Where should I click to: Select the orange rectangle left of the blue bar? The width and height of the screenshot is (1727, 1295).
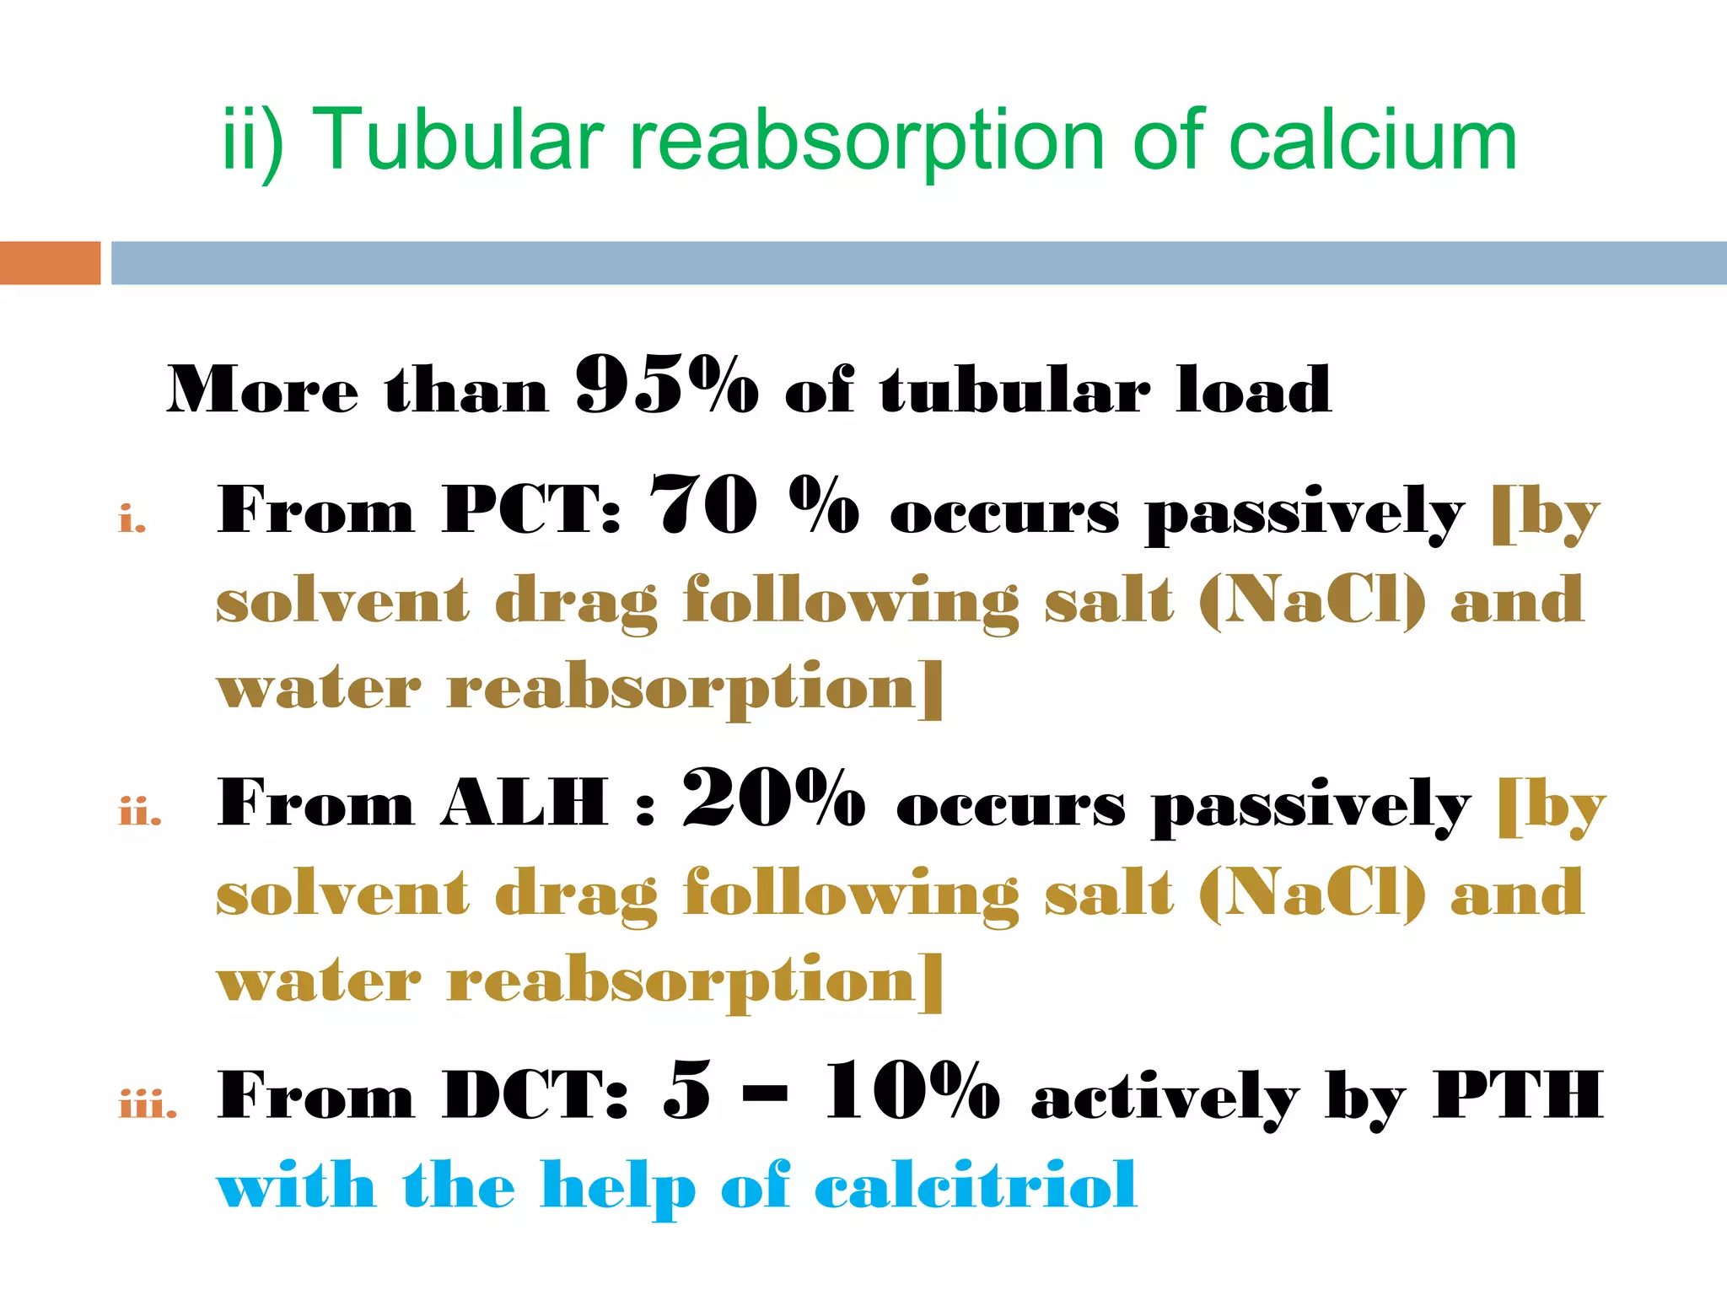point(50,262)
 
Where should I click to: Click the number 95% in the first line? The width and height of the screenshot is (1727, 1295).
point(666,386)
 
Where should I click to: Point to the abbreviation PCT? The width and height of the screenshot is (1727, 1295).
point(531,509)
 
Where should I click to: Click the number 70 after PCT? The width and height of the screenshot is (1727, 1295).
point(705,506)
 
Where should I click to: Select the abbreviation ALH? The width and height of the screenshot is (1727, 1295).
point(524,803)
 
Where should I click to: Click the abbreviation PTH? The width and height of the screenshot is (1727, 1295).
point(1518,1095)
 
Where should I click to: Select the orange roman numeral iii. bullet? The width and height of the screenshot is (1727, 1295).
point(148,1104)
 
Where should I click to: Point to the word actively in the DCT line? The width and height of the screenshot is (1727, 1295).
point(1165,1100)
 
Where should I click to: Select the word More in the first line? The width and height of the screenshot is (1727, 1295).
point(262,390)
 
